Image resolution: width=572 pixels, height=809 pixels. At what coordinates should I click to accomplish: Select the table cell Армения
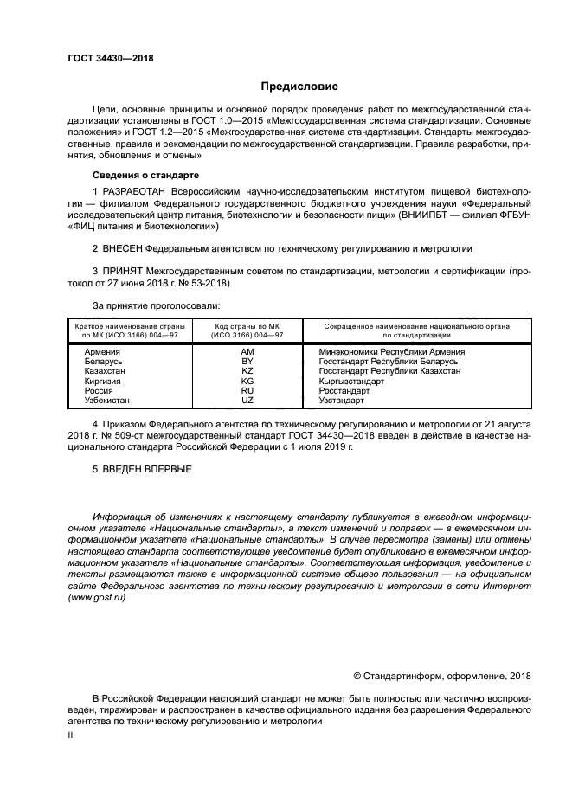102,352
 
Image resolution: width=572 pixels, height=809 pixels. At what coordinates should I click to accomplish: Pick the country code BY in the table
247,362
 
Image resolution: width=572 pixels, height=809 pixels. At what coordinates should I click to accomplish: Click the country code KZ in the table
247,371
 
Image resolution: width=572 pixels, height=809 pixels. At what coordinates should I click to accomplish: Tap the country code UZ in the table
247,401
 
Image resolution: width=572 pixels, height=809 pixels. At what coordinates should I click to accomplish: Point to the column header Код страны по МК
247,327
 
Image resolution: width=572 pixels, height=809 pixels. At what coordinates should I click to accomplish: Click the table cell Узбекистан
107,401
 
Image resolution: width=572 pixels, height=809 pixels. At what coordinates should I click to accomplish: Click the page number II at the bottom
71,735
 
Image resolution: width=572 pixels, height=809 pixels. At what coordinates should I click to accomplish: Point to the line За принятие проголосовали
156,305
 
